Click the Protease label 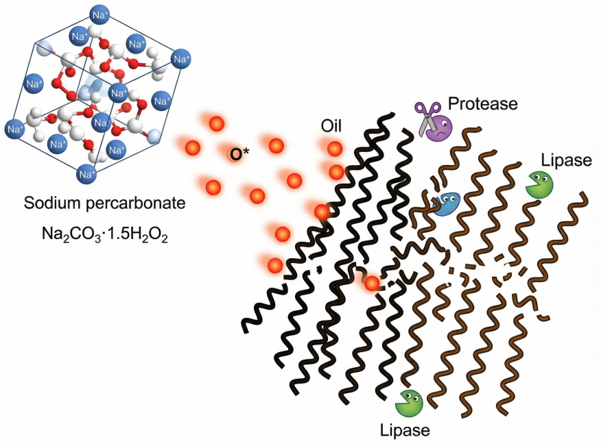click(482, 103)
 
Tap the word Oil click(331, 126)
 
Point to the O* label click(239, 155)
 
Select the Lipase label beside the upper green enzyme click(565, 160)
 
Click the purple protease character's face click(440, 127)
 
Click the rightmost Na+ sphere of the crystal click(180, 60)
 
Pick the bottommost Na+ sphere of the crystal click(87, 174)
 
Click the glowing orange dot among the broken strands click(372, 283)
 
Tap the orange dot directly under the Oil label click(334, 149)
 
